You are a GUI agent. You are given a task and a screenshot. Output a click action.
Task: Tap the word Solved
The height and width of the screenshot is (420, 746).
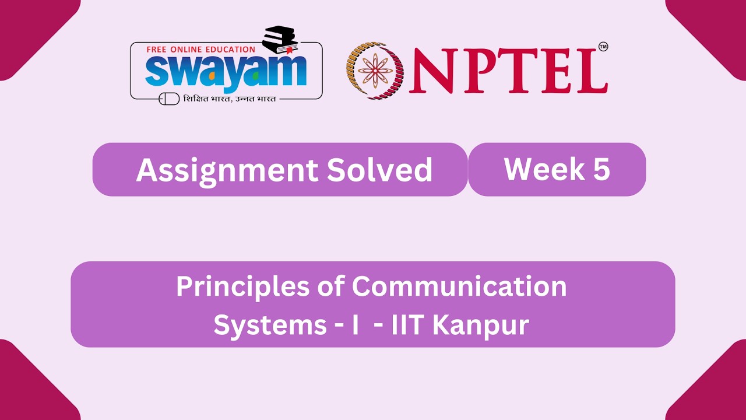point(379,170)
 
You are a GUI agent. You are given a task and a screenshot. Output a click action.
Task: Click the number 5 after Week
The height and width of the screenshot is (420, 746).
point(601,169)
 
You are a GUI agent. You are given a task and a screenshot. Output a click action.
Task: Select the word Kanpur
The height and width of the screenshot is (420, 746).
point(481,325)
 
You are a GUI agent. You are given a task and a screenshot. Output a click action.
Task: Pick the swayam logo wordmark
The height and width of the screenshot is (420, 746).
point(226,71)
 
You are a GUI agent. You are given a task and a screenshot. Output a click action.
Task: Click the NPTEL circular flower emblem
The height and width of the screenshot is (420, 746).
point(375,70)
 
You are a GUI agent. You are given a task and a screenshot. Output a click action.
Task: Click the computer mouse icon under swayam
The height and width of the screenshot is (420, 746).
point(169,99)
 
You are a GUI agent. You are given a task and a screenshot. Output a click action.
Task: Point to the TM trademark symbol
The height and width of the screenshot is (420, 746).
point(603,47)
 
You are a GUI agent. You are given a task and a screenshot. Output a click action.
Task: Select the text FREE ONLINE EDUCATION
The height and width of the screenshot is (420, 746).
point(200,50)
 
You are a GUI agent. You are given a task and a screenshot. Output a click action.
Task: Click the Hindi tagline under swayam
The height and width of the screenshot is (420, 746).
point(229,99)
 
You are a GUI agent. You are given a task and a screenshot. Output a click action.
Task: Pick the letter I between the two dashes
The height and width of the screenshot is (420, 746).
point(355,325)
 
